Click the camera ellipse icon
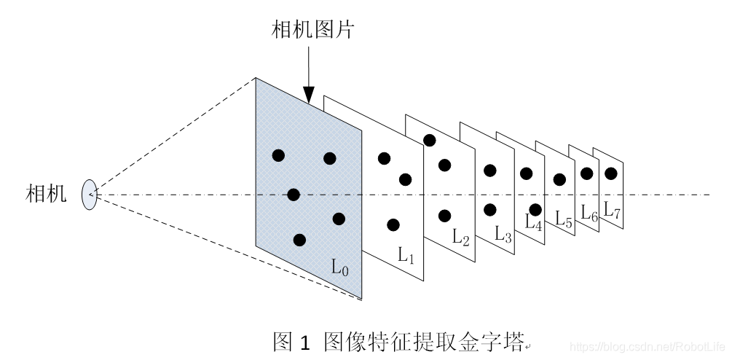click(90, 195)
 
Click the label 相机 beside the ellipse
click(46, 194)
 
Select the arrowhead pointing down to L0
click(309, 94)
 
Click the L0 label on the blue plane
click(340, 267)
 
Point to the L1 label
click(406, 254)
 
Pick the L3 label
click(503, 234)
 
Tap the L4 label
click(534, 222)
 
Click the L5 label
click(564, 217)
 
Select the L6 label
click(589, 213)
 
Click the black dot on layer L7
click(611, 173)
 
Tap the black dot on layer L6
click(586, 173)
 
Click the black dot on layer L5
click(559, 179)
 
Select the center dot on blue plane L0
click(294, 195)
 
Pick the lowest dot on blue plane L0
click(299, 240)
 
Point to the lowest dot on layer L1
click(393, 224)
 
